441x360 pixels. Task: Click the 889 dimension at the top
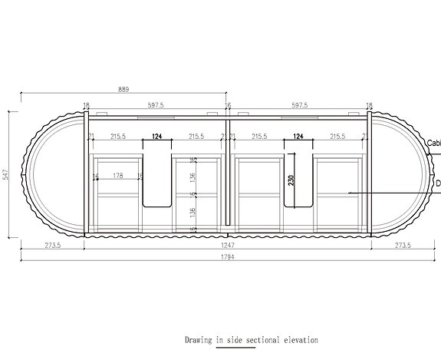pyautogui.click(x=123, y=89)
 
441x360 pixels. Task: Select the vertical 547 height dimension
pyautogui.click(x=6, y=175)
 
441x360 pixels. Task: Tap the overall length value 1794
pyautogui.click(x=228, y=256)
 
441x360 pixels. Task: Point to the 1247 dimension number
pyautogui.click(x=228, y=245)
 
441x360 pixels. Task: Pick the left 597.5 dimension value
pyautogui.click(x=156, y=105)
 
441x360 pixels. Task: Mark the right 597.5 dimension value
pyautogui.click(x=299, y=105)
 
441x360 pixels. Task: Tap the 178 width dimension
pyautogui.click(x=117, y=176)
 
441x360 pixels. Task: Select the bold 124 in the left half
pyautogui.click(x=157, y=136)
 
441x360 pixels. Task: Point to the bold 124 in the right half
pyautogui.click(x=299, y=136)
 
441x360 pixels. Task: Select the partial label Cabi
pyautogui.click(x=433, y=142)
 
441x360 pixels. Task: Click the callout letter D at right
pyautogui.click(x=437, y=184)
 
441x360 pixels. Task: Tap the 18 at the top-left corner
pyautogui.click(x=86, y=105)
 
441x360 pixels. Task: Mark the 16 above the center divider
pyautogui.click(x=228, y=105)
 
